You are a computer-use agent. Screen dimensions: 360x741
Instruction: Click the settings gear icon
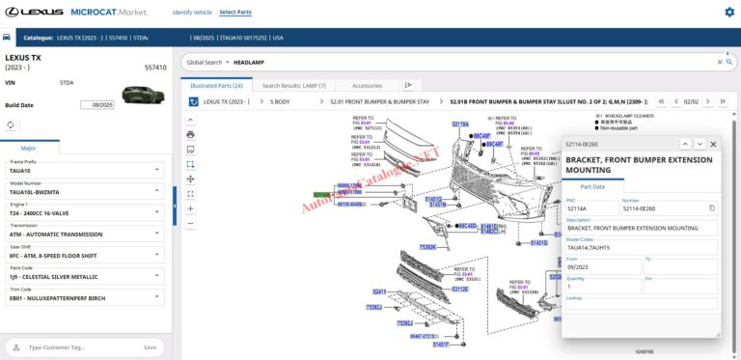[728, 13]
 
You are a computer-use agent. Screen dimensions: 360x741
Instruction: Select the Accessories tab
[366, 85]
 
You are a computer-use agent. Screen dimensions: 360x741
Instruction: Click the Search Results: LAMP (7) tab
[294, 85]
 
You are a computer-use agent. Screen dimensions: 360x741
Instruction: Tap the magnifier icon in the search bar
[718, 62]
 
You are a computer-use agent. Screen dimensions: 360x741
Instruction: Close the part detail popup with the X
[713, 144]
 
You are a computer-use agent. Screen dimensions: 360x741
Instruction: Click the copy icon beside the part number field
[712, 208]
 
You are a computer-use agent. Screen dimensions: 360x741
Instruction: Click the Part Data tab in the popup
[592, 186]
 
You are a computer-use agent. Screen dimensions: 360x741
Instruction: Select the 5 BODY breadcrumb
[280, 101]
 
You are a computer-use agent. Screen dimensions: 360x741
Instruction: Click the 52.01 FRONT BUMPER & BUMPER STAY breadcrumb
[379, 101]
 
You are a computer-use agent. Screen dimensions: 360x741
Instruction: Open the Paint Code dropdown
[85, 276]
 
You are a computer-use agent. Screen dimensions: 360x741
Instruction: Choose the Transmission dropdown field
[85, 234]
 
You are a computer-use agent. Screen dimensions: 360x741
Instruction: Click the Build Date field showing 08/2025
[96, 104]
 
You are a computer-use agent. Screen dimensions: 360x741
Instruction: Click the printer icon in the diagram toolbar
[190, 134]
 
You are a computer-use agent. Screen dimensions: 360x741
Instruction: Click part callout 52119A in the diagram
[460, 125]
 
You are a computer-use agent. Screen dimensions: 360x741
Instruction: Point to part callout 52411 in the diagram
[379, 291]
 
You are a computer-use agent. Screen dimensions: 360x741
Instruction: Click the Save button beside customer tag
[150, 347]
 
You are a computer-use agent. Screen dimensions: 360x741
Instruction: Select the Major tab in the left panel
[29, 148]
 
